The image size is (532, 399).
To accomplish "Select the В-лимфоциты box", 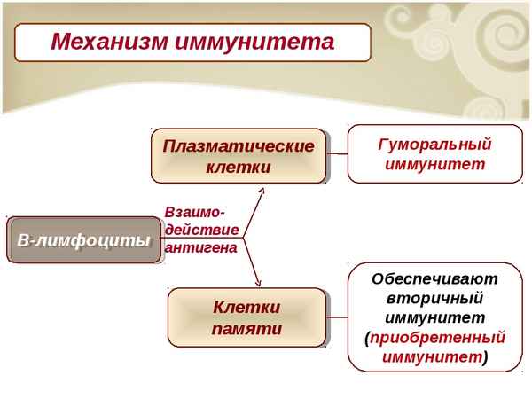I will [84, 240].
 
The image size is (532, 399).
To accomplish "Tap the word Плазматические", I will [238, 146].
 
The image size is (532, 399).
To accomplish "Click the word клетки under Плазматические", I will [238, 167].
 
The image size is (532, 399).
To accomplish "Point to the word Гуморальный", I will [434, 144].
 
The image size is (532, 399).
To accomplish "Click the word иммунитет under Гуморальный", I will [434, 164].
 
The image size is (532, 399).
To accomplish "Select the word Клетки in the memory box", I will [246, 307].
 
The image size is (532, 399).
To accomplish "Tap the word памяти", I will [246, 328].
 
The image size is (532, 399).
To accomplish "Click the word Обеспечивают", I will [434, 278].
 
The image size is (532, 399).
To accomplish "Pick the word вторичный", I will [434, 298].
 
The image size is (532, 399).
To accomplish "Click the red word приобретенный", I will [438, 337].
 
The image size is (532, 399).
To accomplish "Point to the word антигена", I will [201, 248].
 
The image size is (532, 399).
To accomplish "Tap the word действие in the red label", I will [201, 231].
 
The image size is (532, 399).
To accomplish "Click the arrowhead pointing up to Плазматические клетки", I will [260, 189].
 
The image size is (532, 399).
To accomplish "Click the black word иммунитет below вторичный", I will [434, 317].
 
